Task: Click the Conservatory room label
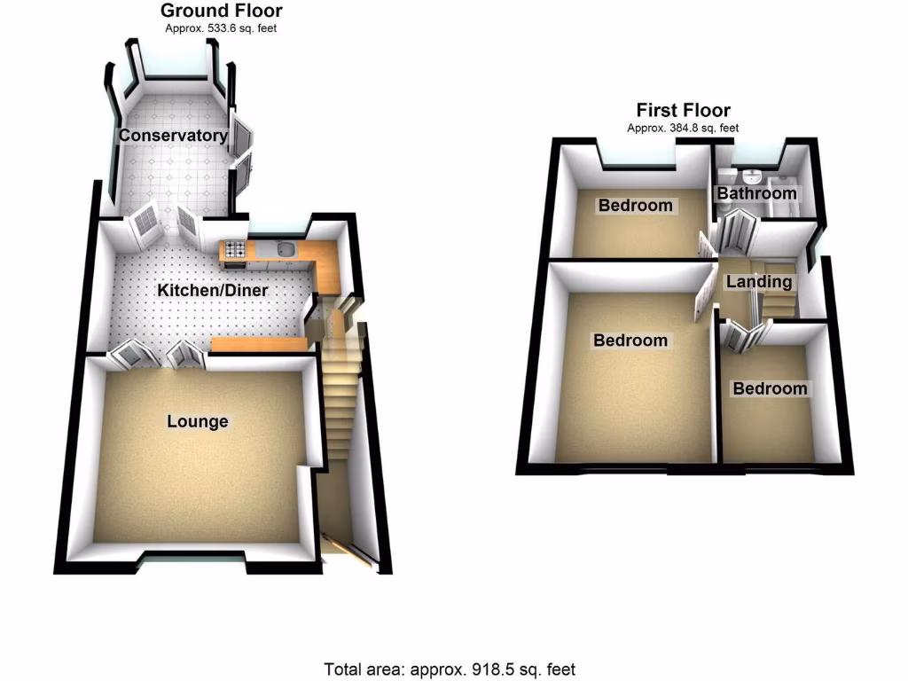(173, 136)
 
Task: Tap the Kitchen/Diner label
(212, 291)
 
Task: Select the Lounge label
(198, 421)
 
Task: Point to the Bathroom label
(756, 193)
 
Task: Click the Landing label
(758, 282)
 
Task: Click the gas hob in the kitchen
(234, 249)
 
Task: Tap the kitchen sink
(286, 249)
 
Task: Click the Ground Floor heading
(221, 12)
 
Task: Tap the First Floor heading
(683, 111)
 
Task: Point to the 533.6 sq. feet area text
(221, 27)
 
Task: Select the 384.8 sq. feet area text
(683, 128)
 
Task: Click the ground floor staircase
(340, 399)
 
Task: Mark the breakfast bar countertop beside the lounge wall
(258, 344)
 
